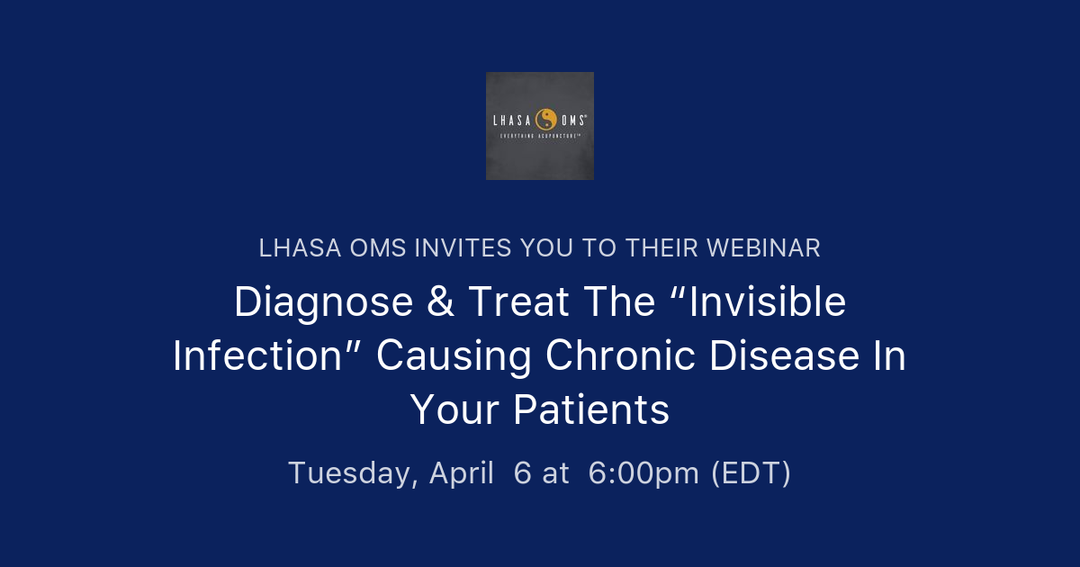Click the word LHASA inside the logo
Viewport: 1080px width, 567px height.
click(x=513, y=120)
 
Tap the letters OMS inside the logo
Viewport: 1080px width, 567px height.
click(x=574, y=120)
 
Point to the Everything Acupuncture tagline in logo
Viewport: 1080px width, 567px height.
click(x=540, y=136)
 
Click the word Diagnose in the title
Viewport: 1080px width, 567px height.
click(x=311, y=302)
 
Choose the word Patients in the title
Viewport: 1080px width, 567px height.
click(x=591, y=410)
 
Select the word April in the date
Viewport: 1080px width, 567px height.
click(x=461, y=472)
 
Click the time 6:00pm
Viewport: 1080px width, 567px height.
click(x=643, y=472)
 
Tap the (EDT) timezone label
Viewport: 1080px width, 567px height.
click(x=751, y=472)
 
